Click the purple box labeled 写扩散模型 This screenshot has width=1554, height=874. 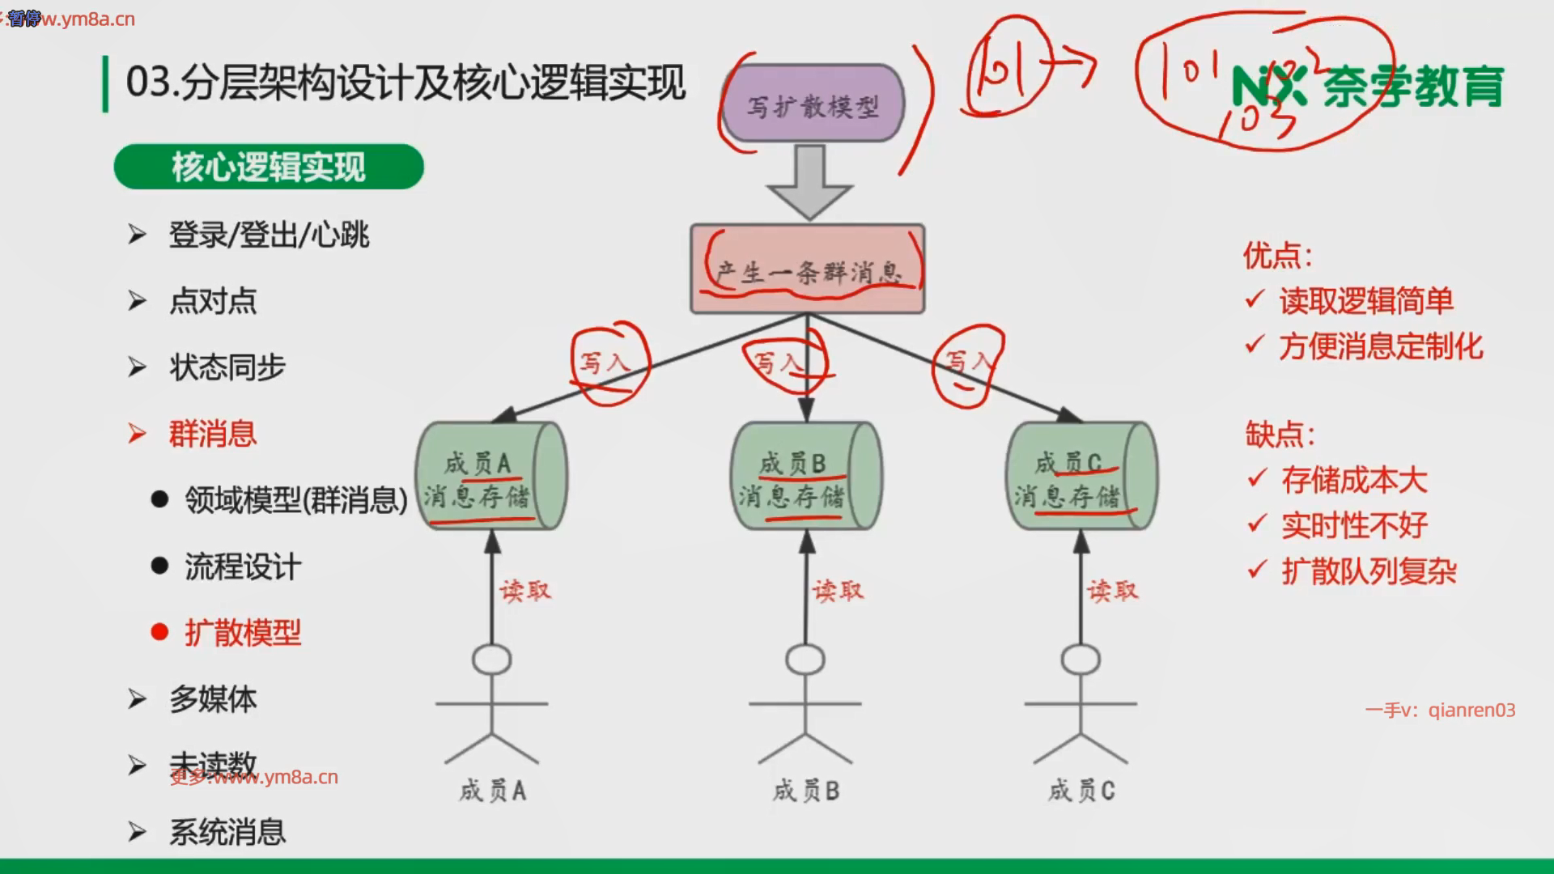813,104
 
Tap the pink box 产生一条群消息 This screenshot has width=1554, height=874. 807,269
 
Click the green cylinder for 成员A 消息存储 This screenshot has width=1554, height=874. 490,477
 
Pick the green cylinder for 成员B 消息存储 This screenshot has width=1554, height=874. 806,477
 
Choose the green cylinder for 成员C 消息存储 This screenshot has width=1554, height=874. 1081,477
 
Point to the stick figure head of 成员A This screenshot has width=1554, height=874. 491,660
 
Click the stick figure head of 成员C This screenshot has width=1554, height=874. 1081,660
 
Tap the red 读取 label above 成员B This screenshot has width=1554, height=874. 839,591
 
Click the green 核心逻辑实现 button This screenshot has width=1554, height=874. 269,167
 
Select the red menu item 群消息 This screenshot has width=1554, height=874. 212,434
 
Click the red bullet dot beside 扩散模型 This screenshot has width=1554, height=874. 159,632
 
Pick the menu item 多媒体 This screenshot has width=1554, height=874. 213,699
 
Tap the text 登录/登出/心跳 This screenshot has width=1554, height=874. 269,235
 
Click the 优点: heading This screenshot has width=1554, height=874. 1277,256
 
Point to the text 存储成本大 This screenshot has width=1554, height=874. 1353,480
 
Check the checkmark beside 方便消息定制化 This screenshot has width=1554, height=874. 1255,346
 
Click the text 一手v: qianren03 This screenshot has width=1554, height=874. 1440,710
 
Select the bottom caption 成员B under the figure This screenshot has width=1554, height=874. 806,790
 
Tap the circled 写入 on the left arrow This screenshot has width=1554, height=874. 605,362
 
